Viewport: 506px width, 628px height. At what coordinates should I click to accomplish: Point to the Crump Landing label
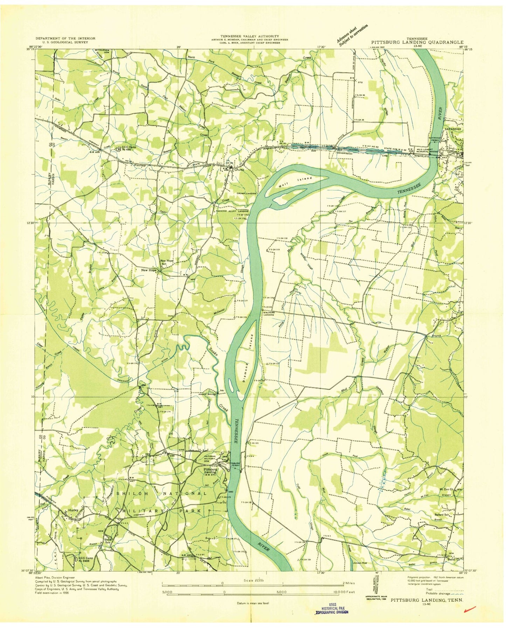click(x=246, y=193)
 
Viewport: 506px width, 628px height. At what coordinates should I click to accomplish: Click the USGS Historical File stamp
click(x=331, y=610)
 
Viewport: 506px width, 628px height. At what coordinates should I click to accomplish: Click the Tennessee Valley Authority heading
click(x=249, y=36)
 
